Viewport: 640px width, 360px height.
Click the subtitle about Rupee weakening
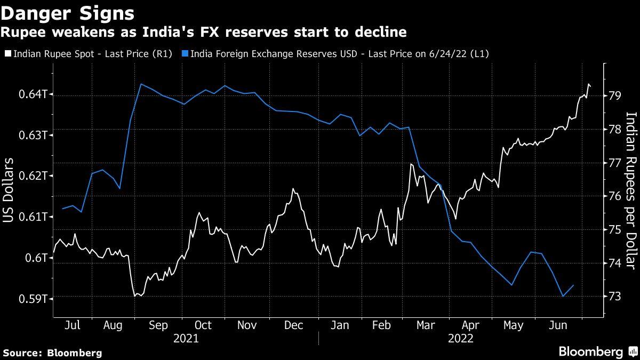pos(204,33)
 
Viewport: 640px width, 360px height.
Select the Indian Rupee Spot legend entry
pos(91,54)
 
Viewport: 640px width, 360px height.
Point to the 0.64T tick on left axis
pos(35,94)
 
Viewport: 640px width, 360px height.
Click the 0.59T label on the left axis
pos(35,298)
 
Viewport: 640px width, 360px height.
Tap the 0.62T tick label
pos(35,176)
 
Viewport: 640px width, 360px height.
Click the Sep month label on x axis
pos(158,325)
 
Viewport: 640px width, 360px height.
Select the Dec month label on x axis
pos(294,325)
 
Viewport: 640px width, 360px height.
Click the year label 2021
pos(186,339)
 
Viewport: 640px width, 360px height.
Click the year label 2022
pos(460,339)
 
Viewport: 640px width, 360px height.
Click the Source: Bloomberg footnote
pos(52,353)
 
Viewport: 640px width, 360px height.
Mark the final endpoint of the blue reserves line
pos(573,285)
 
